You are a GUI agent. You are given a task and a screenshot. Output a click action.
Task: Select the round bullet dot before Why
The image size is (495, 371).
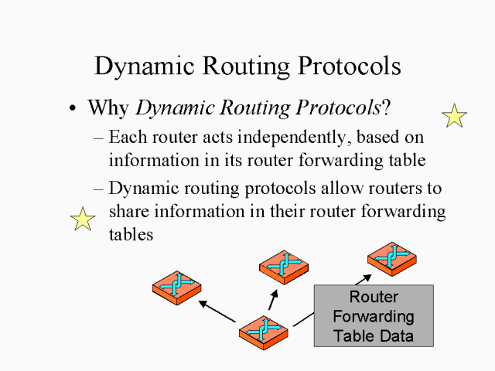(x=73, y=109)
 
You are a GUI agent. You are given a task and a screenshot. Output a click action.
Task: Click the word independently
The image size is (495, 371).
(x=286, y=139)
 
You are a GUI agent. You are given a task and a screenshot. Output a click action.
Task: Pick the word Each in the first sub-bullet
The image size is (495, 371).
(x=125, y=139)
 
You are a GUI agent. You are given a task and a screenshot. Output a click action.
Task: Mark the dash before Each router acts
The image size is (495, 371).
(x=98, y=140)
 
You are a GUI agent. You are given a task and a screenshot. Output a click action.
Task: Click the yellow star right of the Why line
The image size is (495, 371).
(x=454, y=116)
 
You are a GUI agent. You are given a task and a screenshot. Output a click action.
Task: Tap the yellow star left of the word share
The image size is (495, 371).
(x=83, y=220)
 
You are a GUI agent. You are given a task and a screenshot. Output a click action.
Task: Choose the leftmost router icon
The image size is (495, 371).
(x=176, y=286)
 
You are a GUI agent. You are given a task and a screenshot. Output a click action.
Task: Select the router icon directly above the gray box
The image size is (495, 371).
(x=391, y=257)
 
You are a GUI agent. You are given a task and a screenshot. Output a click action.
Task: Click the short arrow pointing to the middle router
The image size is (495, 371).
(x=273, y=299)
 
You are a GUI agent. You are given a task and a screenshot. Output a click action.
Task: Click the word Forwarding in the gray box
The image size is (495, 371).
(x=374, y=317)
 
